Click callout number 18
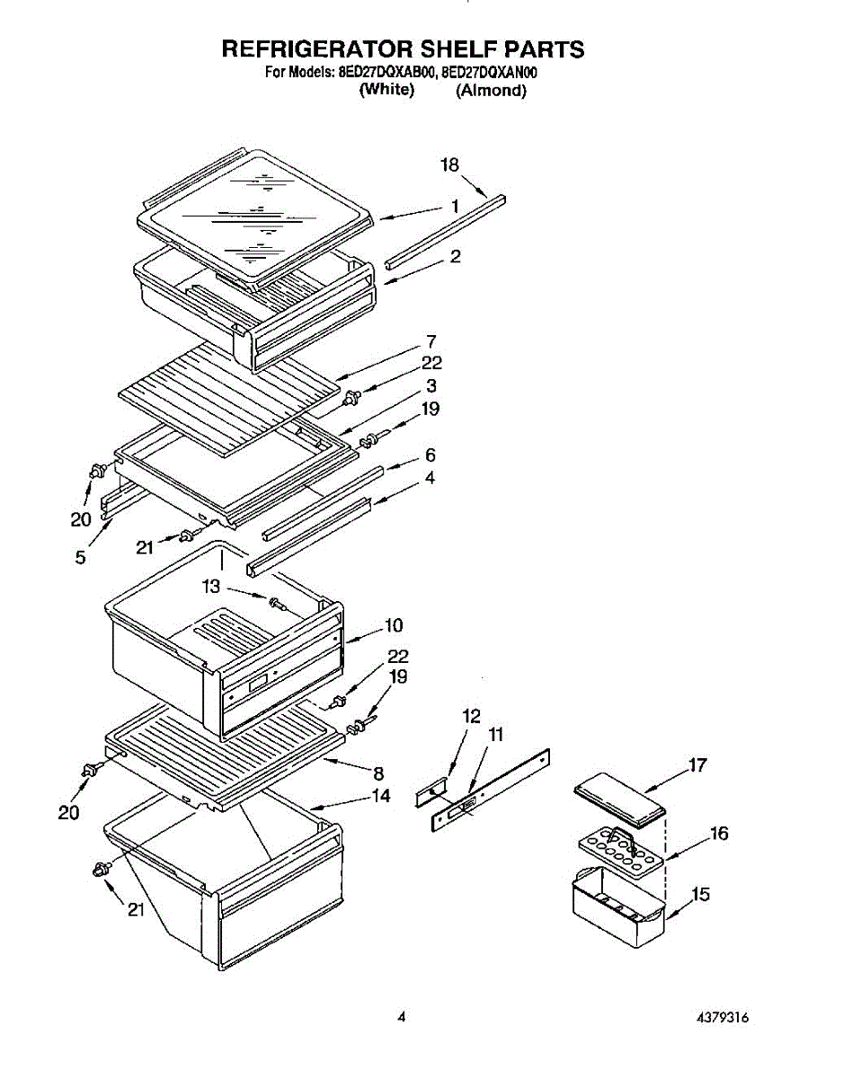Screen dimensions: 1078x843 [x=449, y=165]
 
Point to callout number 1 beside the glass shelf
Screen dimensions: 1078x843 [x=455, y=207]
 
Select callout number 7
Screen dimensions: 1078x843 [x=430, y=341]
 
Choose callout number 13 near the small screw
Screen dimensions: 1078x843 [x=210, y=587]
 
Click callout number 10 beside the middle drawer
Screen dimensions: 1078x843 [x=394, y=624]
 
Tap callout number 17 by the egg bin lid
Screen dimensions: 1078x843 [x=697, y=765]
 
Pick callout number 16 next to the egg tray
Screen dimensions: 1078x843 [x=718, y=834]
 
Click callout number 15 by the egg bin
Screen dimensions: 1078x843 [x=700, y=895]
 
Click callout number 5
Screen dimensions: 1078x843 [x=81, y=558]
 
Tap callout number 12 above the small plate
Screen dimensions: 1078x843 [x=471, y=717]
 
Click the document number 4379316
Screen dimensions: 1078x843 [x=722, y=1018]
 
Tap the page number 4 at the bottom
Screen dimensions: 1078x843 [x=402, y=1018]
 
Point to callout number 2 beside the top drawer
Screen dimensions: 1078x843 [x=456, y=257]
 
